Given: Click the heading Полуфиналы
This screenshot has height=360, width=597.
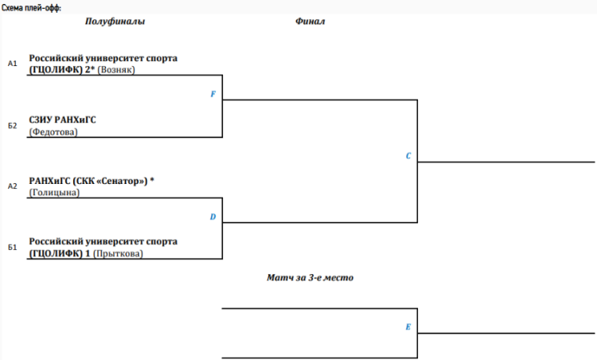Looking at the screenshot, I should pos(115,22).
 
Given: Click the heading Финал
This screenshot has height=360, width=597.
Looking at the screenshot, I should pos(310,22).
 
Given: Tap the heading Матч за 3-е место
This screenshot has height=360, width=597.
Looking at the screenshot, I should pos(310,278).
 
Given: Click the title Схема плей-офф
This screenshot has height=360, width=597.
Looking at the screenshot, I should pos(31,7).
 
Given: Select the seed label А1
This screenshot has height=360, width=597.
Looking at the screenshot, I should pos(12,63).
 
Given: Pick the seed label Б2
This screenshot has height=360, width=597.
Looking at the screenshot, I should pos(12,125).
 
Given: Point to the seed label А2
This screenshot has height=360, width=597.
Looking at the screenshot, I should pos(12,186).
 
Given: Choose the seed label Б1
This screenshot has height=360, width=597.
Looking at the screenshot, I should pos(12,248).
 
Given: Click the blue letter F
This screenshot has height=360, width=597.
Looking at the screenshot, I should pos(213,94).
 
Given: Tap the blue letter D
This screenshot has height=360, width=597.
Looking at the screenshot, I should pos(213,217).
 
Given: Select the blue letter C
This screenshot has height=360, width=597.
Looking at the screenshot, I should pos(408,156).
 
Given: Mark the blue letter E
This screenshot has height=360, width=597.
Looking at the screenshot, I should pos(408,327).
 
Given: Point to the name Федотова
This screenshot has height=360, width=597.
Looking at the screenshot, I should pos(53,132).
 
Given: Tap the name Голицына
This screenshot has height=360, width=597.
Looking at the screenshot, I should pos(54,193).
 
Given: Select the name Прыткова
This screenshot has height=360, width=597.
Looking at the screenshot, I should pos(119,254).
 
